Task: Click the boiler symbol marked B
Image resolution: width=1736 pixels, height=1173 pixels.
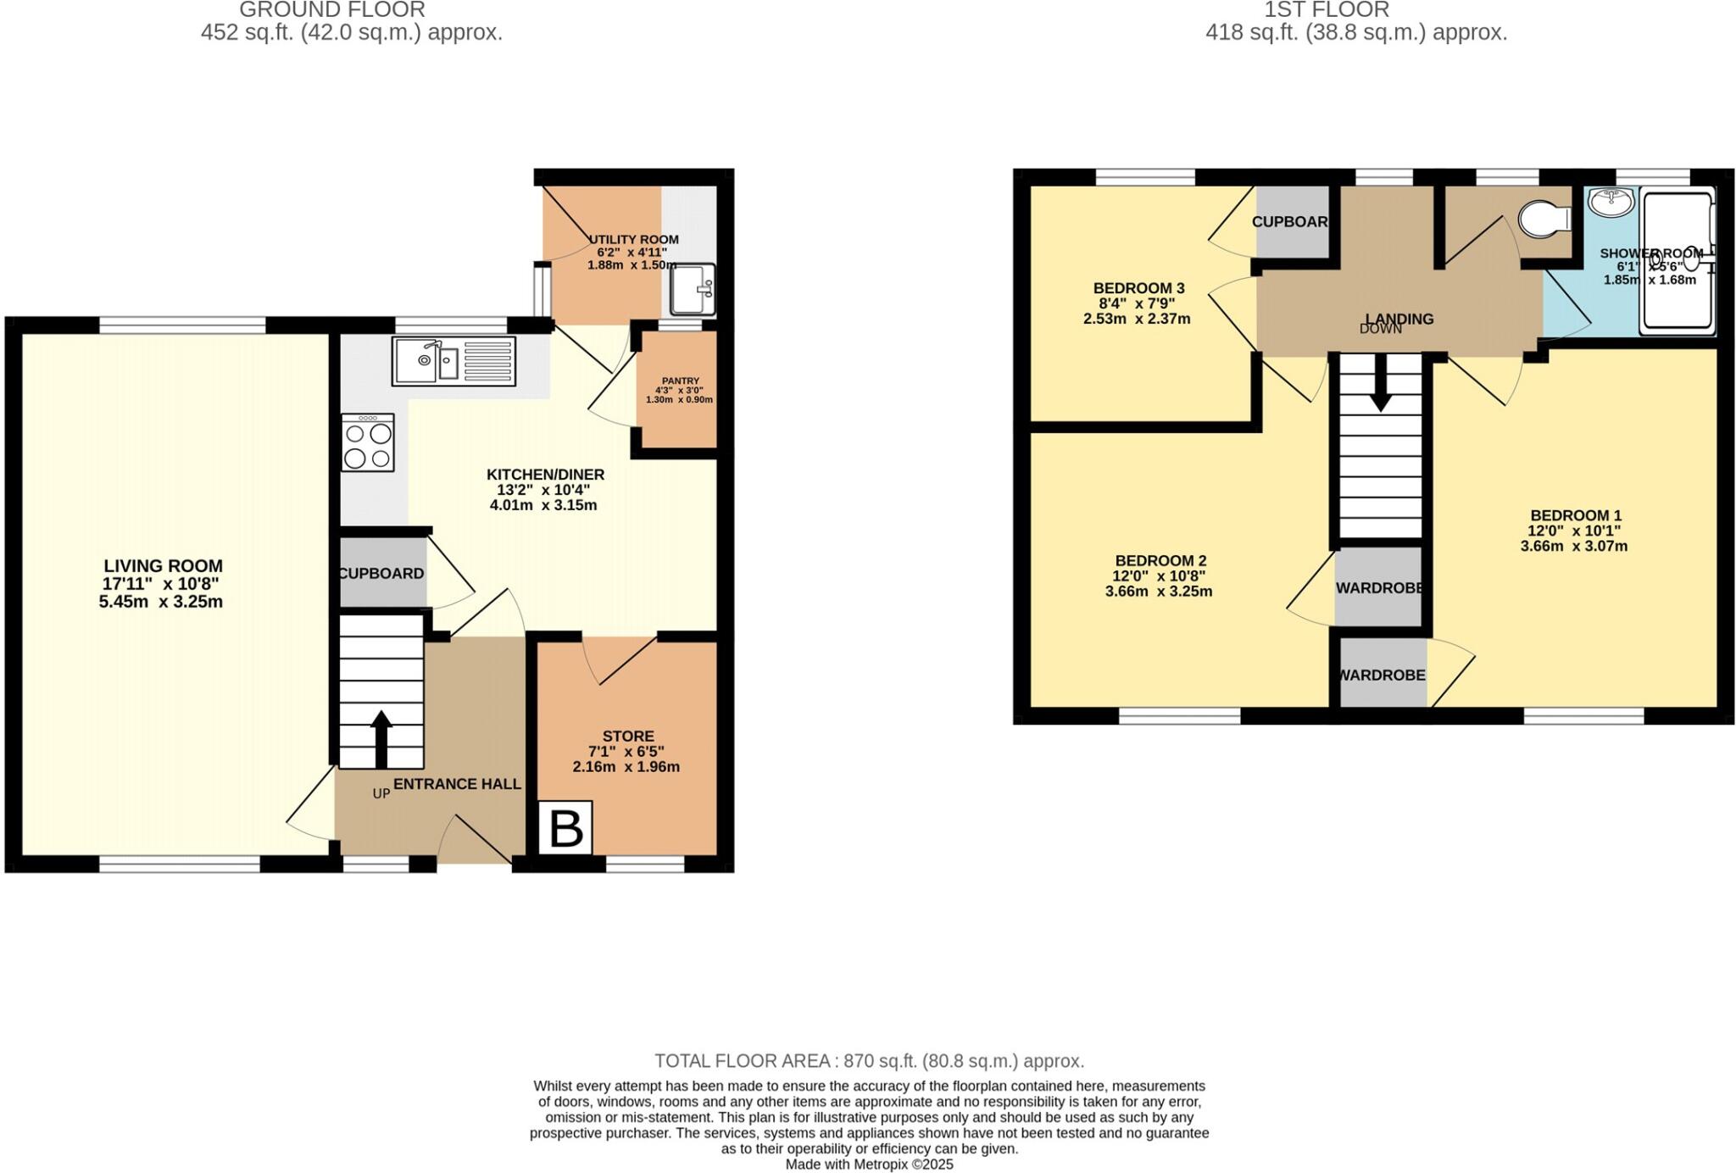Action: click(565, 828)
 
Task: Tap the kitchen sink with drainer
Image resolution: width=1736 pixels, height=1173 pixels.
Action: click(453, 361)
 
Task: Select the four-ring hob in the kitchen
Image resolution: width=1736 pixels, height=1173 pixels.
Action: click(368, 442)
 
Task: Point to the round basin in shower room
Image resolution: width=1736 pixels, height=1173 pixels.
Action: click(1611, 203)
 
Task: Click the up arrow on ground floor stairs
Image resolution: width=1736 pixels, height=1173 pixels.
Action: click(381, 738)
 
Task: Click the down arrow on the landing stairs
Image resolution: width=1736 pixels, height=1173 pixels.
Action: click(1380, 383)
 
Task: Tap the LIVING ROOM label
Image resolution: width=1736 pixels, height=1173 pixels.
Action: click(163, 566)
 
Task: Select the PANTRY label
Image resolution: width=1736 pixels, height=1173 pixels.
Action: click(681, 381)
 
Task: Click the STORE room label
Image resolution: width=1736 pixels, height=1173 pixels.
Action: click(628, 736)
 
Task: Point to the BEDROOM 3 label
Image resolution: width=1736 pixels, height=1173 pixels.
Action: click(1138, 288)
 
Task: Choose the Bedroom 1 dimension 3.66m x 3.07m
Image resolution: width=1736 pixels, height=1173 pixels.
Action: click(1573, 547)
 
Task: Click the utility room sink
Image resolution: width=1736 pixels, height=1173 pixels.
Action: click(693, 288)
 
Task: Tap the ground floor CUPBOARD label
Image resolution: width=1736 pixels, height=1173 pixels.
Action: click(381, 574)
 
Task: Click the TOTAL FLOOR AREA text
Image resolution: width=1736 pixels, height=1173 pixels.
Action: click(869, 1061)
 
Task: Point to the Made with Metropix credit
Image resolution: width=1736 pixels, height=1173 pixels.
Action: click(869, 1165)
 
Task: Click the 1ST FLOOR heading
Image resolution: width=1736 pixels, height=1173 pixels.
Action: click(1356, 10)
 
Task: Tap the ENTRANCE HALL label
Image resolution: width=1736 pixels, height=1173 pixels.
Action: click(457, 784)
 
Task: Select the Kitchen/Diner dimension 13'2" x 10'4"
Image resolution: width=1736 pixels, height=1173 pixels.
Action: click(543, 490)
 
